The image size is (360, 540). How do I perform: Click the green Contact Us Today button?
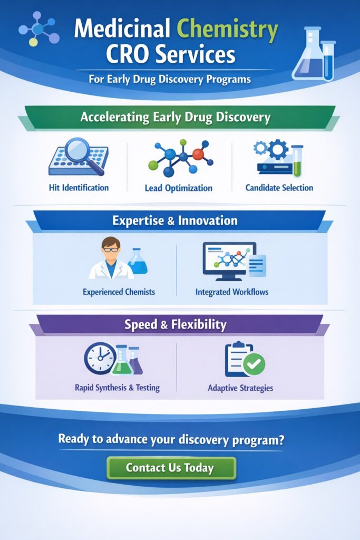coord(171,468)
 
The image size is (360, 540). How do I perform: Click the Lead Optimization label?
coord(179,188)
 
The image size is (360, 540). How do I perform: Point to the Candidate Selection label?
coord(279,187)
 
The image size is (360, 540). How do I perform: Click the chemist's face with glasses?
coord(111,250)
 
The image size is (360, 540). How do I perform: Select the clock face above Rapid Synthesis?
coord(100,359)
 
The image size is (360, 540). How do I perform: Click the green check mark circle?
coord(254,364)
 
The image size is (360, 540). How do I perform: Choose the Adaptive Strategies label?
coord(240,388)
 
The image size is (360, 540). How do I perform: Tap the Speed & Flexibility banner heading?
coord(176,324)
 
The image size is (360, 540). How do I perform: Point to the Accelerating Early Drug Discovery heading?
coord(176,117)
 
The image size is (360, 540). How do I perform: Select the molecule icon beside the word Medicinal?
coord(38,29)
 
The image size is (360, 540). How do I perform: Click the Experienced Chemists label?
coord(119,292)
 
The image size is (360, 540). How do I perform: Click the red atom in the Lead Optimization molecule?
coord(198,154)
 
